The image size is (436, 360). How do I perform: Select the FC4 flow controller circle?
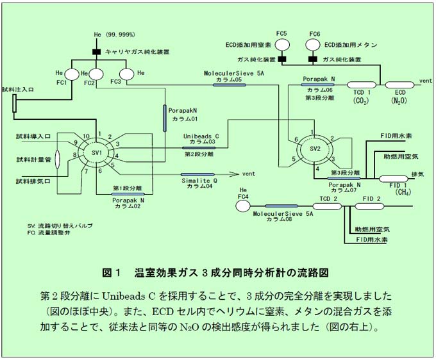[242, 206]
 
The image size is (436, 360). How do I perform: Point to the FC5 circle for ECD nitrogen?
[281, 45]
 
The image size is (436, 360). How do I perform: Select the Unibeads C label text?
[201, 136]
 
